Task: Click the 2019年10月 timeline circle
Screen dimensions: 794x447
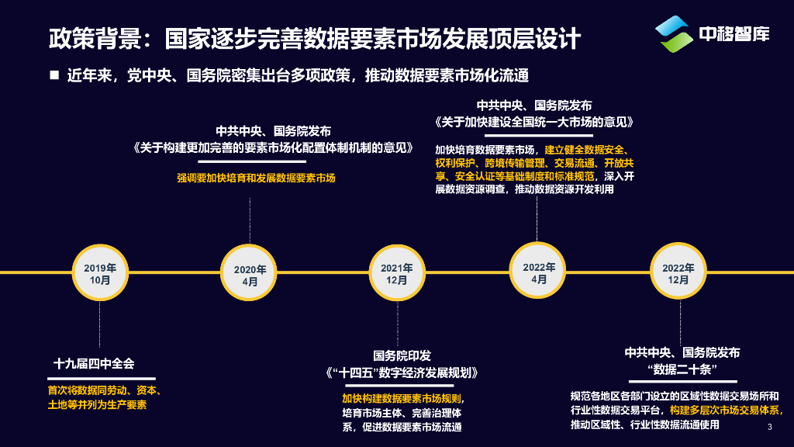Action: pyautogui.click(x=100, y=273)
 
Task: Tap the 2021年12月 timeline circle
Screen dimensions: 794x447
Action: pyautogui.click(x=396, y=273)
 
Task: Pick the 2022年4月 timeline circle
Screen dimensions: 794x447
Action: pyautogui.click(x=539, y=272)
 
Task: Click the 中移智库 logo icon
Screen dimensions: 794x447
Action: pyautogui.click(x=673, y=35)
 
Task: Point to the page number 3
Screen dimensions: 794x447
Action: pyautogui.click(x=769, y=428)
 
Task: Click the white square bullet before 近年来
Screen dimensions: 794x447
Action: pyautogui.click(x=54, y=75)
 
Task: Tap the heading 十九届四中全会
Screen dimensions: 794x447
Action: pyautogui.click(x=94, y=363)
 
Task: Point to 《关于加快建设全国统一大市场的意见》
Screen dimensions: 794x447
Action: pyautogui.click(x=534, y=123)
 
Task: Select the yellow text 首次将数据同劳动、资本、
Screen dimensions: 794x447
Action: pyautogui.click(x=104, y=390)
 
